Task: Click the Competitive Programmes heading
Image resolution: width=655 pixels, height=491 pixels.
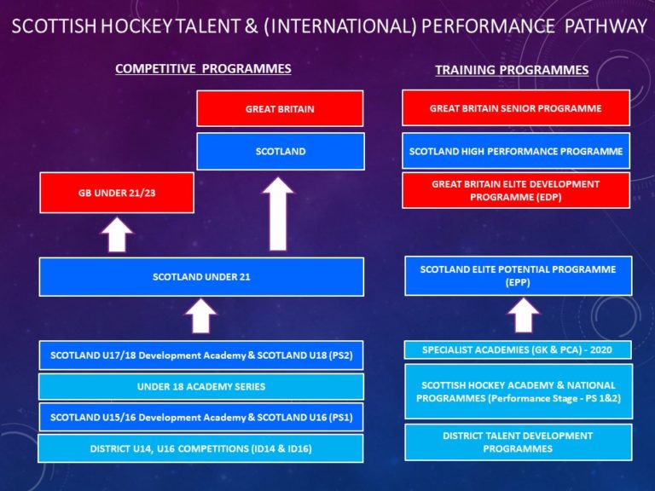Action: [x=203, y=68]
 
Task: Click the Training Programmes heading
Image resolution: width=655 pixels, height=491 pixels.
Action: [x=512, y=70]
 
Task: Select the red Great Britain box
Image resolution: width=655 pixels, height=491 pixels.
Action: [x=280, y=109]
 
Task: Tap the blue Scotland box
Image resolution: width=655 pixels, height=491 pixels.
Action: [x=280, y=151]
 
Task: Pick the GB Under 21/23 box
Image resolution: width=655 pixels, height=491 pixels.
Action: [x=117, y=194]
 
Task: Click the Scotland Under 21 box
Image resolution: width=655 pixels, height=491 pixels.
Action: [x=201, y=277]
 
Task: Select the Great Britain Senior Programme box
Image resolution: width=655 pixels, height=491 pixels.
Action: [x=515, y=108]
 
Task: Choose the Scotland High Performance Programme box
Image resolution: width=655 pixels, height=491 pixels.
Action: [x=515, y=151]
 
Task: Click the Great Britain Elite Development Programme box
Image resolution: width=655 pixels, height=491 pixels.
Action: [x=515, y=190]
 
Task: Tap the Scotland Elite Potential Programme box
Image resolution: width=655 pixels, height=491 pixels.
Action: [x=518, y=275]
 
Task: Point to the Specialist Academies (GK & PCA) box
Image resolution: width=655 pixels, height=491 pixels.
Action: [x=518, y=349]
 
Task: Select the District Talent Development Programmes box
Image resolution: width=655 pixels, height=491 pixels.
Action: [x=518, y=442]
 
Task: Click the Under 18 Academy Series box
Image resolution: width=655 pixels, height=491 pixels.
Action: [x=201, y=386]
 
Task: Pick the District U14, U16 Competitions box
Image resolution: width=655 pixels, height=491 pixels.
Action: [x=201, y=448]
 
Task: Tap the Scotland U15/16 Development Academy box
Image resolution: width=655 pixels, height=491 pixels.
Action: [x=201, y=417]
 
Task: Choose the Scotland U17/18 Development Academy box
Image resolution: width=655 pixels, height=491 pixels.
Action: [x=201, y=355]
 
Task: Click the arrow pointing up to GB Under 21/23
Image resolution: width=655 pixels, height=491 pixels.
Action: [x=117, y=235]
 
